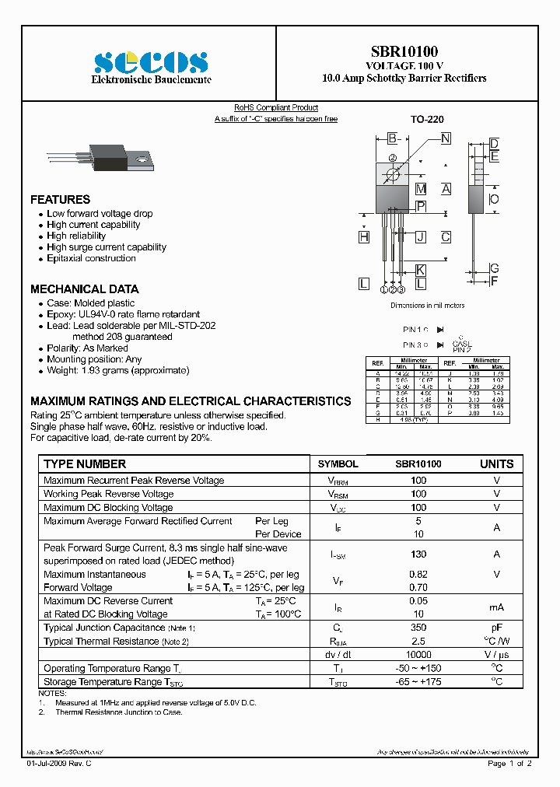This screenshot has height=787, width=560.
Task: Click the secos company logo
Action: pos(150,61)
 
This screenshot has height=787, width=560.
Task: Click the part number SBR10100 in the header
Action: pos(404,51)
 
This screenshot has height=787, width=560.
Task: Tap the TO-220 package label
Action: pos(427,120)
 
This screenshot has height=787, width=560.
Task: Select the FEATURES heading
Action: pos(60,200)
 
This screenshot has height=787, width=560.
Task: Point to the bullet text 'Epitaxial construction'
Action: pos(91,258)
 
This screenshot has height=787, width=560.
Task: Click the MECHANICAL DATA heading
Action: pos(84,289)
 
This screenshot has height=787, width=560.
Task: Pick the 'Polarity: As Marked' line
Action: pos(87,348)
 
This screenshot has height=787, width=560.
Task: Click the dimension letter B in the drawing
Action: pos(393,138)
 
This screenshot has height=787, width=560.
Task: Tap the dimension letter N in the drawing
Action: pos(445,138)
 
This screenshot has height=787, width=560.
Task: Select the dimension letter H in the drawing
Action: pos(364,236)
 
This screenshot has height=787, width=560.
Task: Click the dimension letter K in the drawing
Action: pos(420,270)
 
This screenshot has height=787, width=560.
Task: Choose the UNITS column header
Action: pos(496,464)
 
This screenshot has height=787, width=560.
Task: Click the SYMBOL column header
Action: pos(338,464)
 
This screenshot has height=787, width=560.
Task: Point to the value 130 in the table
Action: pos(418,554)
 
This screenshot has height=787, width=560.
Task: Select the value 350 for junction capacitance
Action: pos(418,628)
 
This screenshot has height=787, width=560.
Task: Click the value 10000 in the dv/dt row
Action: pos(418,655)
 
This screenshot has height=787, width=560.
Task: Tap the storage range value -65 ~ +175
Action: pos(418,682)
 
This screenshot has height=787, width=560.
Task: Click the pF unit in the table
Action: pos(496,628)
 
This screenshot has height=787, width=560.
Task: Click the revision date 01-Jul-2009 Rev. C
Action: pos(59,764)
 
